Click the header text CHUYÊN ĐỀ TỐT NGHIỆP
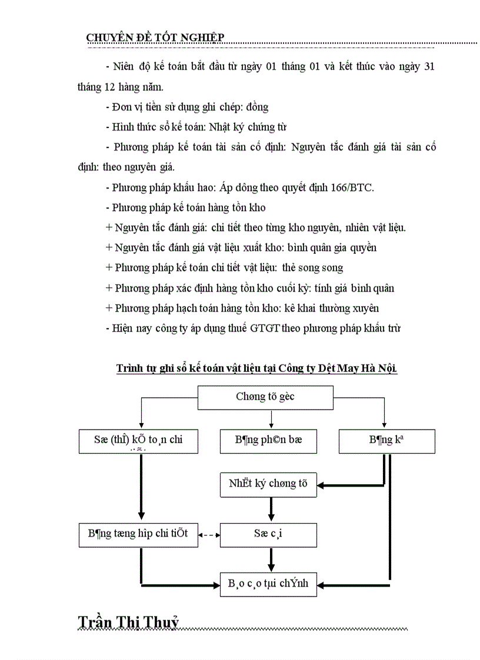click(155, 38)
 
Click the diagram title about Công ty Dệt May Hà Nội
click(257, 368)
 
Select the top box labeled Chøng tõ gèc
click(265, 397)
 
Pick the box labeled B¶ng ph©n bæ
click(269, 441)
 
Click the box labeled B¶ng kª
click(386, 441)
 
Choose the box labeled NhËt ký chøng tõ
click(268, 484)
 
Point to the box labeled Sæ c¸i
click(268, 535)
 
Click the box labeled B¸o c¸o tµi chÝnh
click(268, 584)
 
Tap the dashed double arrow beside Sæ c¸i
click(209, 535)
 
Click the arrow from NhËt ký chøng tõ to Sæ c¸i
click(271, 510)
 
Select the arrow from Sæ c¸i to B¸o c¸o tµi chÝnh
click(271, 560)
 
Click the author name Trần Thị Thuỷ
click(128, 623)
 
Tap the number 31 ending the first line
click(429, 66)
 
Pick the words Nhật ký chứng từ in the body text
click(248, 126)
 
